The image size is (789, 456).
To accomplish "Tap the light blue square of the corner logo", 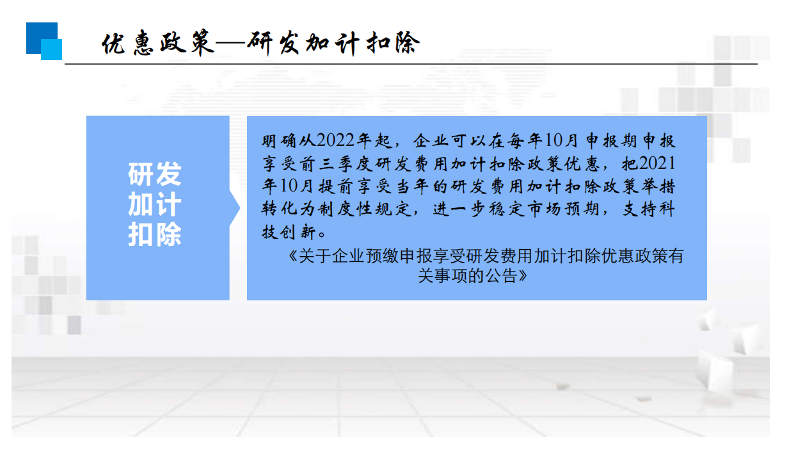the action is [x=51, y=49].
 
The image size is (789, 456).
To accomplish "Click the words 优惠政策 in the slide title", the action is [x=158, y=44].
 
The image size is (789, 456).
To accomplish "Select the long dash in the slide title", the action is [x=231, y=44].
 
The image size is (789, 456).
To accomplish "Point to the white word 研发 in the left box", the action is [x=155, y=174].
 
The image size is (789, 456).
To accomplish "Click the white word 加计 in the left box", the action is [x=155, y=204].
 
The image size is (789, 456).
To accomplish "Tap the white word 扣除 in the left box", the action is [x=155, y=234].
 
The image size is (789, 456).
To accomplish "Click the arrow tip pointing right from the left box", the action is [x=239, y=208].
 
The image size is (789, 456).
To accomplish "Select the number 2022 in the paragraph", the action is [x=335, y=141].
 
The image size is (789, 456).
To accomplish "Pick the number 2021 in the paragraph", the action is [x=657, y=164].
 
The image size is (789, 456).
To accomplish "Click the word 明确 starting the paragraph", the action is [x=279, y=141].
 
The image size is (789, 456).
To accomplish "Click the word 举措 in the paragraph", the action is [x=658, y=186].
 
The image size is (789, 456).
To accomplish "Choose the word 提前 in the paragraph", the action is [x=335, y=186].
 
